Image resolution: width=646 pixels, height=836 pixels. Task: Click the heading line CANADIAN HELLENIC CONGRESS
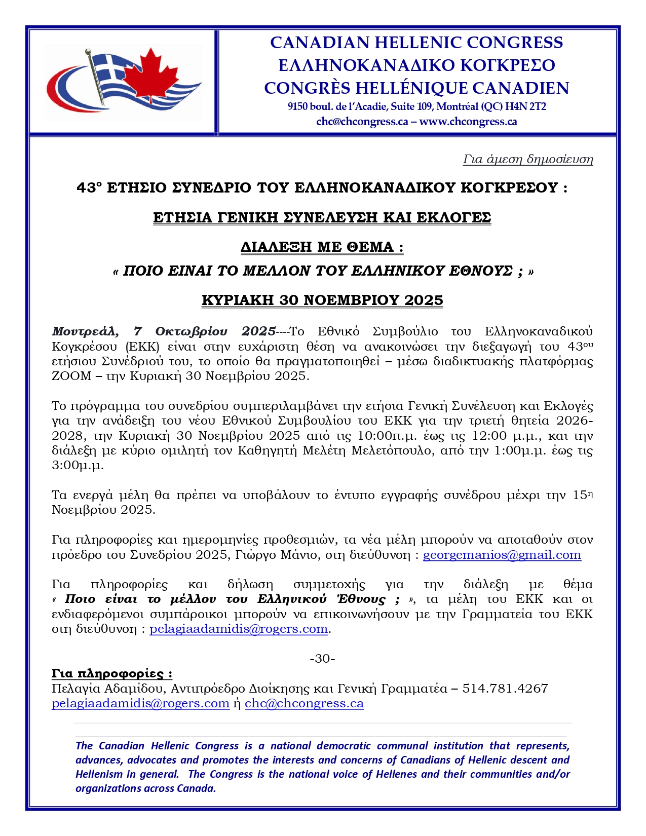pyautogui.click(x=416, y=43)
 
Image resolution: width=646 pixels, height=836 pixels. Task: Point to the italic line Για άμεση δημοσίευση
pyautogui.click(x=527, y=159)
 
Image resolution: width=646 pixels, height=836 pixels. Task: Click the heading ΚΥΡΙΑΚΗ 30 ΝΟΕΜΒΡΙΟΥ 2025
pyautogui.click(x=322, y=300)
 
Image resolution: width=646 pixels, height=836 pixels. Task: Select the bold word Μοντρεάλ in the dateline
pyautogui.click(x=85, y=331)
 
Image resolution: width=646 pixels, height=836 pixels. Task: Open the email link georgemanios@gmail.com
pyautogui.click(x=502, y=555)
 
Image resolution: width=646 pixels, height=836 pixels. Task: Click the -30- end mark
pyautogui.click(x=322, y=659)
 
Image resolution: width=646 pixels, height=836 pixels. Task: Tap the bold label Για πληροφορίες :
pyautogui.click(x=112, y=674)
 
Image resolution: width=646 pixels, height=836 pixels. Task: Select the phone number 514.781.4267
pyautogui.click(x=505, y=689)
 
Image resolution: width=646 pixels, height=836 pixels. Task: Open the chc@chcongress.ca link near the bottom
pyautogui.click(x=304, y=703)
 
